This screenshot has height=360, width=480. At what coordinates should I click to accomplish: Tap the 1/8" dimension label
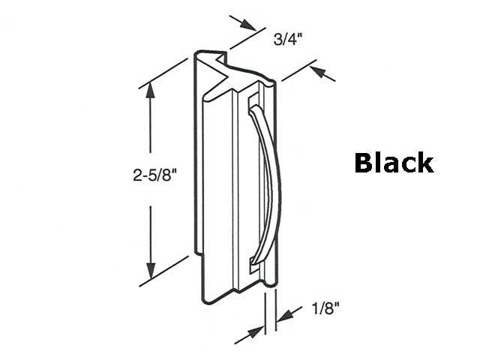coord(323,307)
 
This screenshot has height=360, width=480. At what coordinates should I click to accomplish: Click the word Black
coord(393,163)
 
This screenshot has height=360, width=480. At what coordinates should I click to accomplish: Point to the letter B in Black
coord(365,163)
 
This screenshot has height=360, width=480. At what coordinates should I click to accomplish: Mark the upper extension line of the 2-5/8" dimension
coord(164,72)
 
